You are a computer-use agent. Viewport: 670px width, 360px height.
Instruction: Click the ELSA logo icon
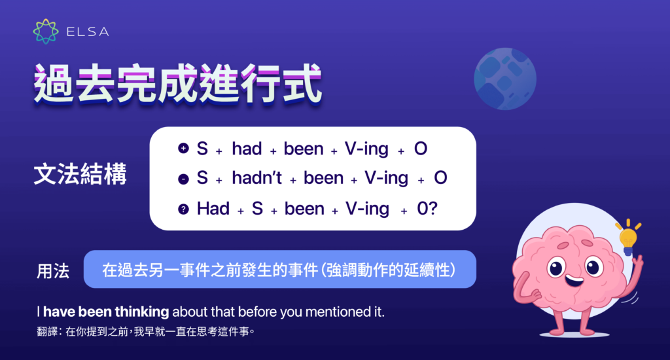(x=45, y=31)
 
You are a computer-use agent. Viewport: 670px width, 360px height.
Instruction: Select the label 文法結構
(x=80, y=177)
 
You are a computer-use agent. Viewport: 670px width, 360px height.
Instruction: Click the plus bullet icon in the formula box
(x=183, y=149)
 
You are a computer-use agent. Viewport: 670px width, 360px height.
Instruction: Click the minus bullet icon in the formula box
(x=183, y=178)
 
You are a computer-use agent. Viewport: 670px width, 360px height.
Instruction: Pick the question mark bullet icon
(x=183, y=209)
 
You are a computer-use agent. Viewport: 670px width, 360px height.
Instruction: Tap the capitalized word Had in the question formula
(x=213, y=209)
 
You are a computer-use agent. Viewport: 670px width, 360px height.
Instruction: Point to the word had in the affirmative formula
(x=247, y=149)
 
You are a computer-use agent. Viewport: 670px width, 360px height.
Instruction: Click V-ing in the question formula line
(x=367, y=209)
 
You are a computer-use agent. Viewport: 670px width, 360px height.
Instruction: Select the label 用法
(x=53, y=270)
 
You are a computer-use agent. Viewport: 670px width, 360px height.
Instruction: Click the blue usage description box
(x=279, y=269)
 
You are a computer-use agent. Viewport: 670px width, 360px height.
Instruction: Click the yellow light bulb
(x=627, y=237)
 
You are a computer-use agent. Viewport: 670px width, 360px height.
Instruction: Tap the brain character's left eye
(x=556, y=266)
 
